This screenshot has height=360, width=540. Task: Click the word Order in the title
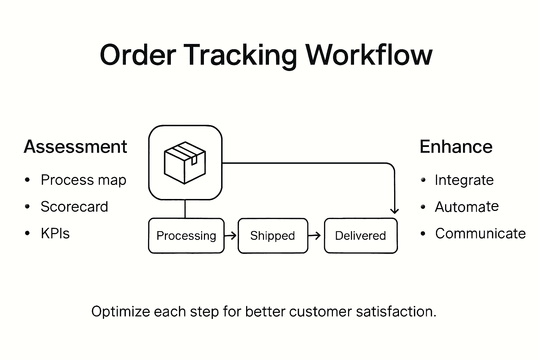click(x=138, y=55)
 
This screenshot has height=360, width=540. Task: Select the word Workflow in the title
click(x=369, y=55)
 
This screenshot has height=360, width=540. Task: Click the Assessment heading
click(x=75, y=147)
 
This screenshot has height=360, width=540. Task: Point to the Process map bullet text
click(x=83, y=180)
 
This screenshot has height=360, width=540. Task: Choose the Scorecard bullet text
click(x=74, y=207)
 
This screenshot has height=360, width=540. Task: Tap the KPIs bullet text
click(x=55, y=233)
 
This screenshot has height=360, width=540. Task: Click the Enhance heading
click(x=456, y=147)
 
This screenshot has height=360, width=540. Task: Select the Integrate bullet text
click(x=464, y=180)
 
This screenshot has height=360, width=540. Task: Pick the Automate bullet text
click(x=467, y=207)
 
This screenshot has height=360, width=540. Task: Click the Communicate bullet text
click(x=480, y=233)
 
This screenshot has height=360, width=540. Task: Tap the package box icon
click(x=185, y=163)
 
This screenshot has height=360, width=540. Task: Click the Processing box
click(x=186, y=236)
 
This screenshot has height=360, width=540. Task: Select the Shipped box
click(x=273, y=236)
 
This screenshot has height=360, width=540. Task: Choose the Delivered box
click(x=361, y=236)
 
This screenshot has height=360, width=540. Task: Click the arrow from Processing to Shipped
click(x=231, y=236)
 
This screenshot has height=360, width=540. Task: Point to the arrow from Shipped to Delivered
click(x=315, y=236)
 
